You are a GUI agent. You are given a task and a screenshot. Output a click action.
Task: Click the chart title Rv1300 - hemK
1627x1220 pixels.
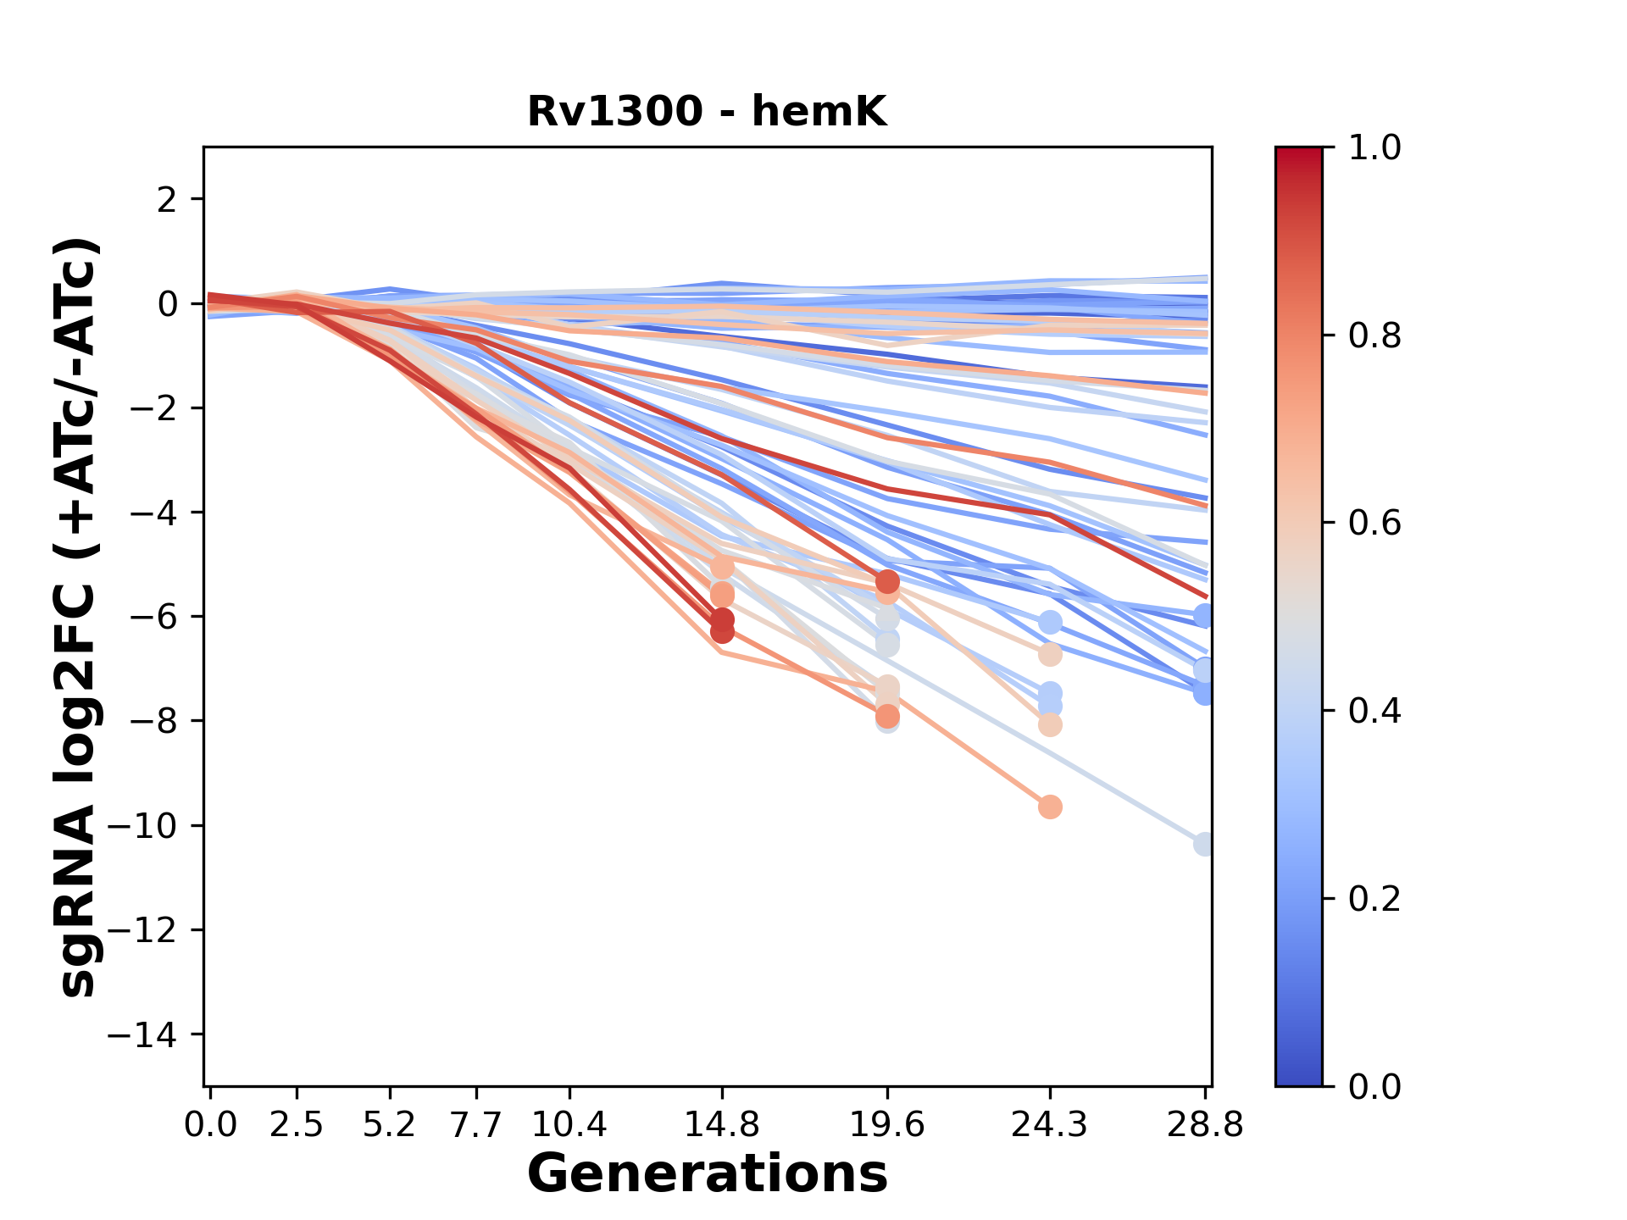[x=707, y=112]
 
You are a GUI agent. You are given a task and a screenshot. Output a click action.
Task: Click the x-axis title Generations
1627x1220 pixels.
[x=707, y=1174]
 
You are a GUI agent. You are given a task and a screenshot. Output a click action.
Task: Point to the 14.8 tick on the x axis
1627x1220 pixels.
[x=721, y=1125]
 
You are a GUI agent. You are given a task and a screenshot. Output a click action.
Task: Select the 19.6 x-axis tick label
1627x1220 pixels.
[x=887, y=1125]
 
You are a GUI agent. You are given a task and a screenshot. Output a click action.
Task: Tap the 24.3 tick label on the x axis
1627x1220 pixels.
[x=1049, y=1125]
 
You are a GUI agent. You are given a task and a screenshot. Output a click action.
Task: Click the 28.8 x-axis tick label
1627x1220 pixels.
[x=1204, y=1125]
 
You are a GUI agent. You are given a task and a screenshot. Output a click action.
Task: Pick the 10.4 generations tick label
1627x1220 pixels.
[x=569, y=1125]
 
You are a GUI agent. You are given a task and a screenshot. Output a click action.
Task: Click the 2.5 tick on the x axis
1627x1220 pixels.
[x=297, y=1125]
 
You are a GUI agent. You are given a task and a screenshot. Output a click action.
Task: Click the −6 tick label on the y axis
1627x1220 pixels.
[x=153, y=617]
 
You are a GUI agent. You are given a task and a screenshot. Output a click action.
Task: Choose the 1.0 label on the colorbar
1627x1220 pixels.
[x=1374, y=148]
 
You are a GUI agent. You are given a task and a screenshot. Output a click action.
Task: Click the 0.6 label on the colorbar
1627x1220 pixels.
[x=1374, y=524]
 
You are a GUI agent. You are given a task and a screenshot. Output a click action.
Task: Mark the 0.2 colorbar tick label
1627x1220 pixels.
[x=1374, y=899]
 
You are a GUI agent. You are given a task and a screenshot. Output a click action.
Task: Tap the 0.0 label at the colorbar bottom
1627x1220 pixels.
[x=1374, y=1086]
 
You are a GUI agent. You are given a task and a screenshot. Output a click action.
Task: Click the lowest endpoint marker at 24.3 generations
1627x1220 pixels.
[x=1050, y=807]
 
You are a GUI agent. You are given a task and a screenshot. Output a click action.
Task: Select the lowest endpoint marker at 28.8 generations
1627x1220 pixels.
[x=1203, y=844]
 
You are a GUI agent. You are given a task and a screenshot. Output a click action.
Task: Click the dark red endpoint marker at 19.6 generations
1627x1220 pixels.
[x=887, y=582]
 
